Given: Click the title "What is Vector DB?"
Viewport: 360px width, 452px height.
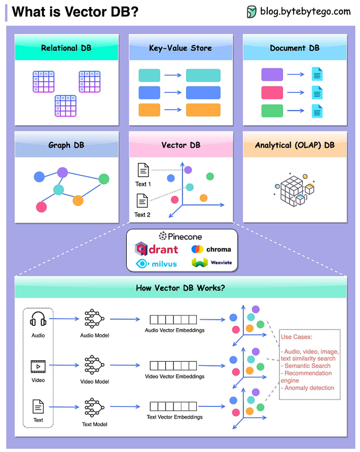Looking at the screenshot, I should (x=75, y=12).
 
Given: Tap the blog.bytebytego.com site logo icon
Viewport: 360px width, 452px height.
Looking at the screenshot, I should (x=252, y=12).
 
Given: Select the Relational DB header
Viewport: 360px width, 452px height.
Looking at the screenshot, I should (x=66, y=48).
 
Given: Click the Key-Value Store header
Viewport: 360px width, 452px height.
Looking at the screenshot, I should (x=180, y=48).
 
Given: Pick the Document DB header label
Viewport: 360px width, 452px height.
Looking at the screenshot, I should (x=295, y=48).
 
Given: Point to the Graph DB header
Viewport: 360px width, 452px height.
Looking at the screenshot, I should (x=66, y=145).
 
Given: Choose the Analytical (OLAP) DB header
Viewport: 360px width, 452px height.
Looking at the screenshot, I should (x=295, y=145).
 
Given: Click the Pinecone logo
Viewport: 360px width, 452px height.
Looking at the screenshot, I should (x=180, y=237).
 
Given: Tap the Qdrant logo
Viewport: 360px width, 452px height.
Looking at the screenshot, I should (x=156, y=248).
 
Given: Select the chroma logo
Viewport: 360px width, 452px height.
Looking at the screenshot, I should (x=211, y=249).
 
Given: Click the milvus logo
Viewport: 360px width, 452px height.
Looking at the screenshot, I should (x=156, y=263).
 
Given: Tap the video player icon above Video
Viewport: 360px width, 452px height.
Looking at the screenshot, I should (x=38, y=366).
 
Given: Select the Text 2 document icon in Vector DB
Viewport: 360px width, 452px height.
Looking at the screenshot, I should (x=142, y=201).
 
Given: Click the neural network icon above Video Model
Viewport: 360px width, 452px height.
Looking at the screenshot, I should (x=94, y=365).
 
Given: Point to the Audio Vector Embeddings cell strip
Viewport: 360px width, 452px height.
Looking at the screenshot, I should (x=174, y=319).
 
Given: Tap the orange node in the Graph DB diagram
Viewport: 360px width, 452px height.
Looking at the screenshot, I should (x=78, y=200).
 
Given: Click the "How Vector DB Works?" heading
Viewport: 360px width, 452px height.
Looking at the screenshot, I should (x=180, y=288).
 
